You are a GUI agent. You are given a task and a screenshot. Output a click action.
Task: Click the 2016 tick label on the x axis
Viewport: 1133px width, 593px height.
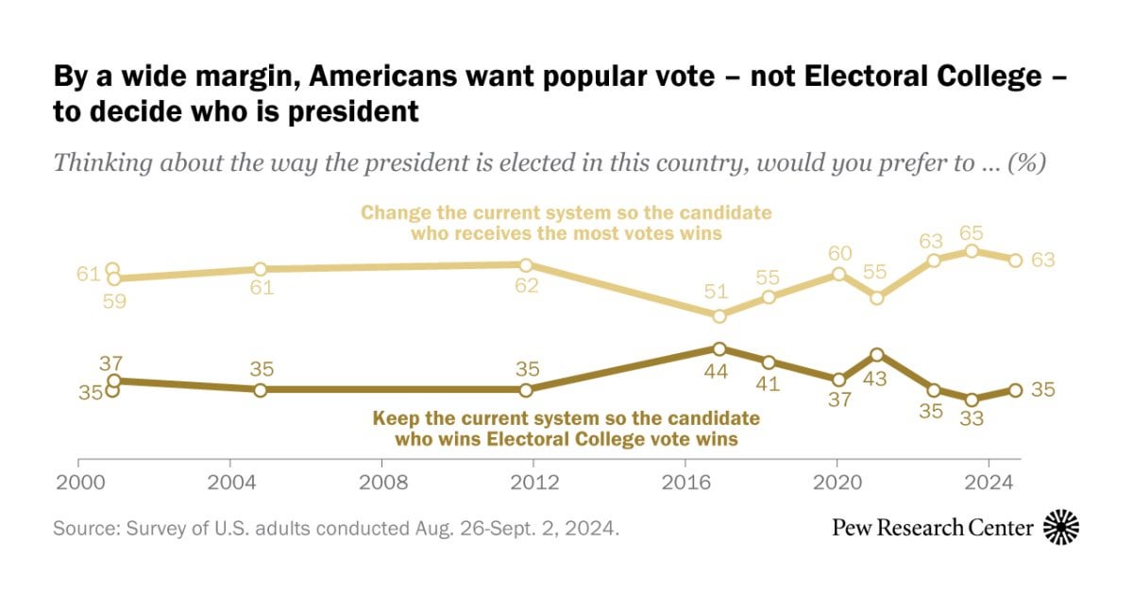point(686,483)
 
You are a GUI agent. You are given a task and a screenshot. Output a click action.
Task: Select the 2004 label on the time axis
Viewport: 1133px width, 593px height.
point(231,483)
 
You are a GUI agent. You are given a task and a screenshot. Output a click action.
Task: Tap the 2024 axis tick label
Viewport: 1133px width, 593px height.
point(989,483)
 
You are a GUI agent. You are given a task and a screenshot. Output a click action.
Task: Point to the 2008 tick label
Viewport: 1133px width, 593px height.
point(383,483)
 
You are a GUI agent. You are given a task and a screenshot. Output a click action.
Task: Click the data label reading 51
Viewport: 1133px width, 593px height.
point(716,292)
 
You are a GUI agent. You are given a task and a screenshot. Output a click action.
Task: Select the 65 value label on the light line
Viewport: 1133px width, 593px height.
point(972,232)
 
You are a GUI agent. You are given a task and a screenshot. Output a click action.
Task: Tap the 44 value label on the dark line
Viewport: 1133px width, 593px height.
point(716,372)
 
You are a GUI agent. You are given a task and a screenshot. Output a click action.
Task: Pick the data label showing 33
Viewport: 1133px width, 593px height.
point(972,418)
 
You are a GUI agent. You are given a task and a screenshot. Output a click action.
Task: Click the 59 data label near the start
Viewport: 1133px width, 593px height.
point(114,301)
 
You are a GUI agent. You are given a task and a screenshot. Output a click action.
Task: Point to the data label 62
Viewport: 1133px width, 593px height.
point(527,286)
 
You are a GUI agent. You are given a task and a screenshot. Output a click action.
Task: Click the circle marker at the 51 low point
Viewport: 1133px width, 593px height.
point(719,316)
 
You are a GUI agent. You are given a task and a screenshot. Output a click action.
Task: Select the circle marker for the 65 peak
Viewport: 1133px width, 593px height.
point(972,251)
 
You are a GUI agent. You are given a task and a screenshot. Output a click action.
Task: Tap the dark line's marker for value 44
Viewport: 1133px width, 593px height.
point(719,348)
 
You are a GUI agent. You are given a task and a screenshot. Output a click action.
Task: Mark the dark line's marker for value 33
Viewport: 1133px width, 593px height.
point(972,399)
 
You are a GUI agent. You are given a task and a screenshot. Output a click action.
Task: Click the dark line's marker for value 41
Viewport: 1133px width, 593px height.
point(769,363)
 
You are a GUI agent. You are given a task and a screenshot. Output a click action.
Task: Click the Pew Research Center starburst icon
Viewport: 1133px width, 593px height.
point(1061,527)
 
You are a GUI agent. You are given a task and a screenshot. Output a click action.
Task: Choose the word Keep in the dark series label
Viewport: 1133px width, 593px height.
point(395,418)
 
